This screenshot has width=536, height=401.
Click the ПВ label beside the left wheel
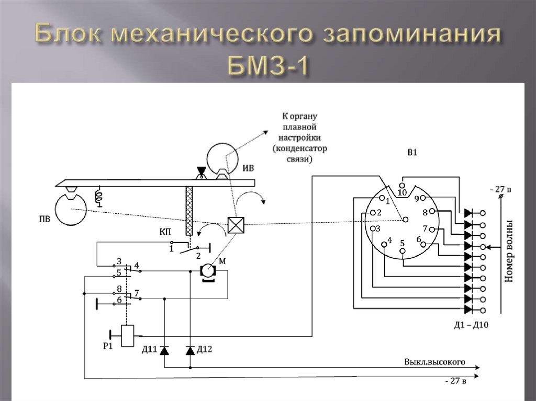(44, 218)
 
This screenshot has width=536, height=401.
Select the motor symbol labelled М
(207, 272)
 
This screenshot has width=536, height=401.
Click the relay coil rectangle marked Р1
(128, 336)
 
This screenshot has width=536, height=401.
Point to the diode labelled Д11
(164, 350)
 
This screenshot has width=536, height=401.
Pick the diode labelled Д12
(191, 350)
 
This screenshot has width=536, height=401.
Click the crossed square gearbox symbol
(236, 225)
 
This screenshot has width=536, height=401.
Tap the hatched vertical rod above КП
(189, 211)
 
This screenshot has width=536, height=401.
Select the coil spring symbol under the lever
(99, 197)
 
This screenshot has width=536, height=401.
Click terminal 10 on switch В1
(402, 186)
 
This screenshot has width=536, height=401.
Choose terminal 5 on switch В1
(403, 251)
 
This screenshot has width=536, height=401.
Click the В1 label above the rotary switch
(412, 152)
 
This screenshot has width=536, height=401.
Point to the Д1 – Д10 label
(471, 325)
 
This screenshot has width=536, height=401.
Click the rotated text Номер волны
(509, 251)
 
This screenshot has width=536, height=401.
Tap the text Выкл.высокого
(434, 362)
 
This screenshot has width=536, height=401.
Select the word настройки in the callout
(299, 138)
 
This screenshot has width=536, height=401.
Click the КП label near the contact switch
(165, 232)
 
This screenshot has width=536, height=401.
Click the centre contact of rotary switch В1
(406, 220)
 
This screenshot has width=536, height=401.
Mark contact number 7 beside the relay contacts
(137, 293)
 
